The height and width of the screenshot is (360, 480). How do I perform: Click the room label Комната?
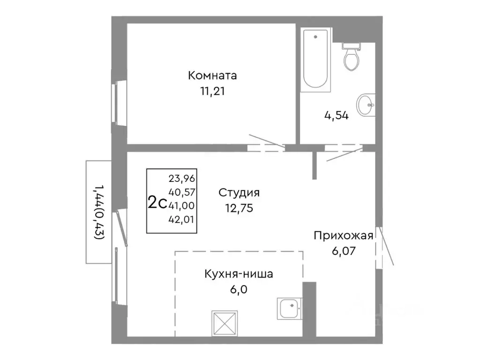212,75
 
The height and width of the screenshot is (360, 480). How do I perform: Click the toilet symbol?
351,56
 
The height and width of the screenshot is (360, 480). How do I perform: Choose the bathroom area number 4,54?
336,116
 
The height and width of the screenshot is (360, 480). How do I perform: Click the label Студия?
239,193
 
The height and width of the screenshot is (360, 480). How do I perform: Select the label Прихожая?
344,236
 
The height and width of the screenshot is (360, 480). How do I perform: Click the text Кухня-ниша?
238,274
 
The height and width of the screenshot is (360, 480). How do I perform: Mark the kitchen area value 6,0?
239,290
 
